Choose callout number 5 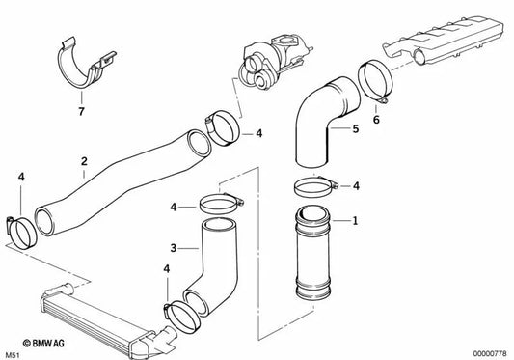coord(354,126)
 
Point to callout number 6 coord(375,121)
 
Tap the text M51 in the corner coord(13,351)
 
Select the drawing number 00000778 coord(487,351)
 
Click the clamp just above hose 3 coord(223,204)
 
